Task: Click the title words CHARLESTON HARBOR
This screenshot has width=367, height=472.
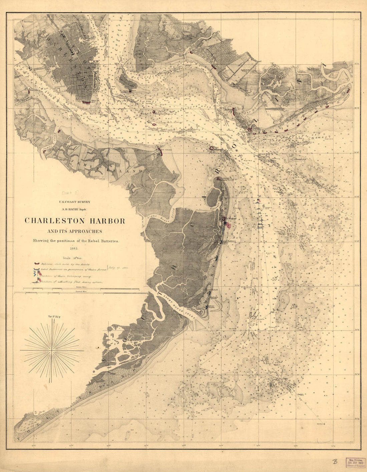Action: tap(75, 221)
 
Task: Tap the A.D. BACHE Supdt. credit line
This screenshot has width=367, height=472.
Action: tap(75, 209)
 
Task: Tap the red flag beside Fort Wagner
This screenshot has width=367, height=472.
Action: tap(228, 225)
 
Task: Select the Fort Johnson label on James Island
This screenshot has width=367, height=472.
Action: tap(165, 150)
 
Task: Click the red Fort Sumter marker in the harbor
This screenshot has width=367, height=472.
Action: tap(212, 148)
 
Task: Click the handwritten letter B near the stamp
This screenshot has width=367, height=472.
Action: tap(335, 462)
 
